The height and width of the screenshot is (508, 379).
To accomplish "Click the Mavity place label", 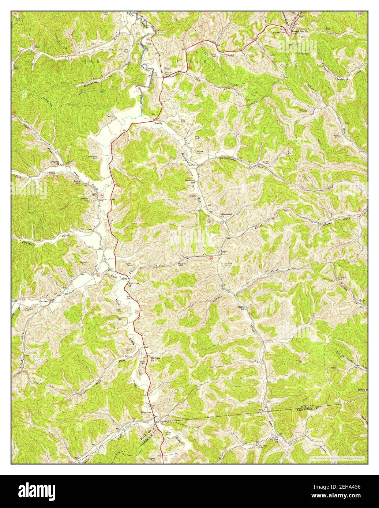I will pyautogui.click(x=158, y=124).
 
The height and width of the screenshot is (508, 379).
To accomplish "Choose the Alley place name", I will pyautogui.click(x=124, y=278).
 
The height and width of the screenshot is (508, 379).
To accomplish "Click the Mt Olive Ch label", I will pyautogui.click(x=156, y=359).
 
